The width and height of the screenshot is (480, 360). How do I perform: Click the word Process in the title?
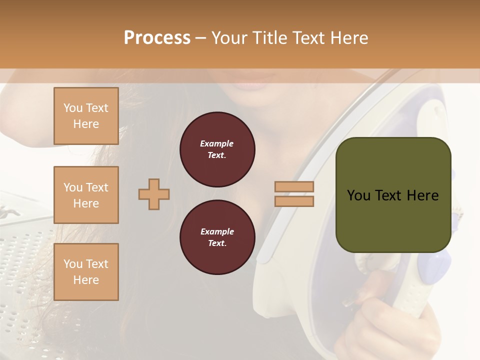click(x=157, y=38)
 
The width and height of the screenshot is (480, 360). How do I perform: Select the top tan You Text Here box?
click(x=86, y=116)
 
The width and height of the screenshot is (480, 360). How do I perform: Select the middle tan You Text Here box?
click(x=86, y=195)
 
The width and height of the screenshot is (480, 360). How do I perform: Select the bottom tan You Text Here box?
click(x=86, y=272)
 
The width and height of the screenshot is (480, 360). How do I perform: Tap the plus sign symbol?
click(x=154, y=194)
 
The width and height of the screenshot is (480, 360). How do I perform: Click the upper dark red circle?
click(x=217, y=149)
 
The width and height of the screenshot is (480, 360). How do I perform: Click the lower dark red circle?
click(x=217, y=237)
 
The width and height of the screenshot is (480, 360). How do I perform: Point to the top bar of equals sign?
click(x=294, y=186)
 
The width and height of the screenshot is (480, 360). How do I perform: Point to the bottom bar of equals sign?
click(x=294, y=201)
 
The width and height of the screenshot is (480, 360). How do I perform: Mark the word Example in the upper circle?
click(x=217, y=143)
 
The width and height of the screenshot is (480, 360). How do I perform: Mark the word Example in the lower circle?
click(x=217, y=231)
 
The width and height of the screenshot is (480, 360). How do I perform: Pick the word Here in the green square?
click(x=422, y=195)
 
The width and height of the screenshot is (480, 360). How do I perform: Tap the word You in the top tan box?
click(x=73, y=108)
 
